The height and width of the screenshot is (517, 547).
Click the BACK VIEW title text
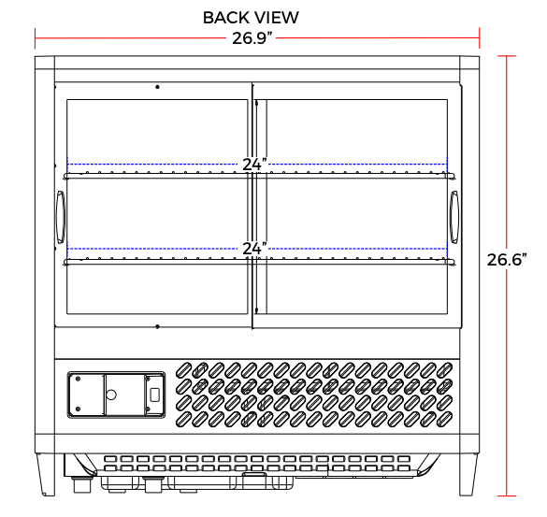pos(251,18)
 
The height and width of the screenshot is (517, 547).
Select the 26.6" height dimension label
pos(507,260)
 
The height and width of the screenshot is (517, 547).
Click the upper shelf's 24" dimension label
pos(255,165)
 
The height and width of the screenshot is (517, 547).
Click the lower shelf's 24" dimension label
pos(255,249)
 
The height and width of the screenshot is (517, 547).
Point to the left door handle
pos(61,217)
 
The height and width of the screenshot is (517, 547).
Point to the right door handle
pos(453,217)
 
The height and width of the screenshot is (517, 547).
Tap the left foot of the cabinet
pos(46,474)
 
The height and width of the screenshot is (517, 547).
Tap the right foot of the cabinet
pos(468,474)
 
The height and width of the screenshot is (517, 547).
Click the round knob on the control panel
pos(111,395)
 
